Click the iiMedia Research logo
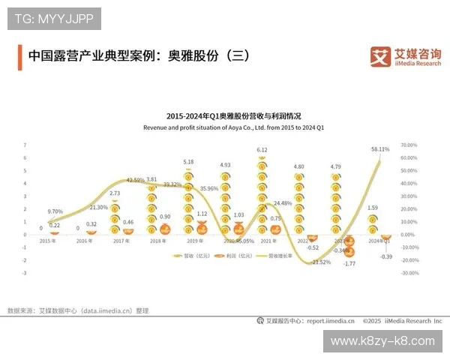[407, 56]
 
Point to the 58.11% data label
[380, 149]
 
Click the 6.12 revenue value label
[262, 150]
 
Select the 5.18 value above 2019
[188, 161]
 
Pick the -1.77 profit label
[349, 264]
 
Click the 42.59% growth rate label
[135, 180]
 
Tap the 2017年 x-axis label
[121, 241]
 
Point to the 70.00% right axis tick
[408, 145]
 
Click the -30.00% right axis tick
[409, 273]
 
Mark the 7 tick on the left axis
[25, 145]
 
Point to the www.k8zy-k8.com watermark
[382, 341]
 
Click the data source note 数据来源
[78, 310]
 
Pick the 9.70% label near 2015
[55, 212]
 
